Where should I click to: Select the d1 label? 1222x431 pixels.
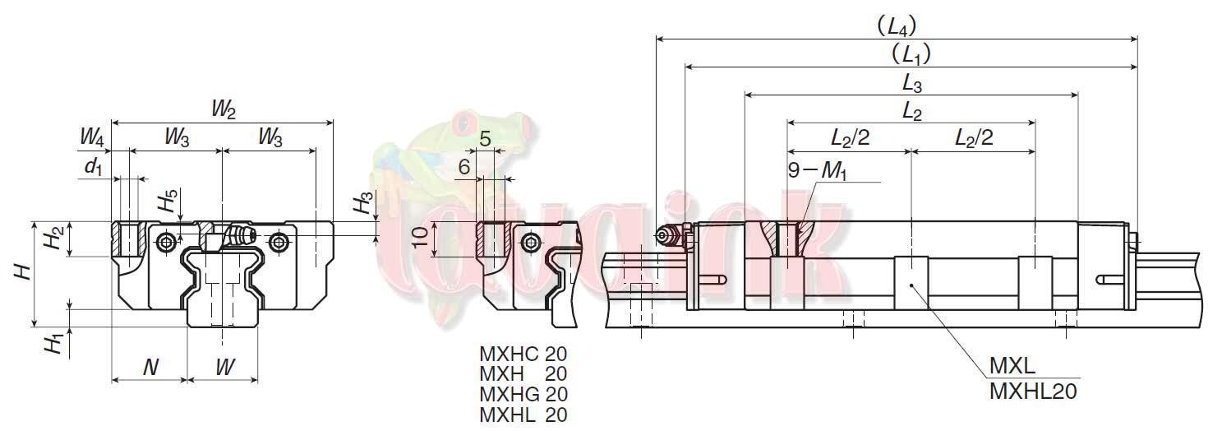(95, 167)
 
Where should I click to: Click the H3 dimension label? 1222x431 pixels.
(365, 202)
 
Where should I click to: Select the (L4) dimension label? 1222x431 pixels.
(897, 26)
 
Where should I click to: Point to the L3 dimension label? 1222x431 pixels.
(911, 82)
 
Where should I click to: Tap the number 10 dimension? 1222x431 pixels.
(420, 239)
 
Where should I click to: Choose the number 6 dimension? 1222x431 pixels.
(464, 168)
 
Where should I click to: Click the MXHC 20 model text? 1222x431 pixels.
(523, 355)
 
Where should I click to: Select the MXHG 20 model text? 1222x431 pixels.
(523, 395)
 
